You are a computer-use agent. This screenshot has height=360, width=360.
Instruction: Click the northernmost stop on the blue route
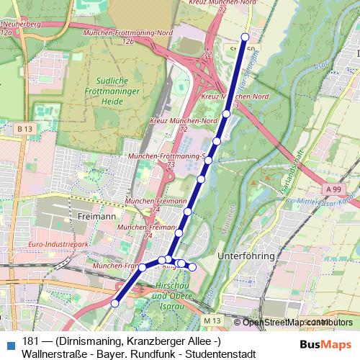(245, 37)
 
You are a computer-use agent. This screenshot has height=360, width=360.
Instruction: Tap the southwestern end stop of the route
(114, 304)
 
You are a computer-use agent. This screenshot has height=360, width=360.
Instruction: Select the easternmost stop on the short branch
(192, 266)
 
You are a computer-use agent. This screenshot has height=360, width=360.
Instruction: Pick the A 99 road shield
(333, 189)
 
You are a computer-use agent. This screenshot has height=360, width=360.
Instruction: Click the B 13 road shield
(24, 128)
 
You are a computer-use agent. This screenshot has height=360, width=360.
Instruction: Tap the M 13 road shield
(210, 320)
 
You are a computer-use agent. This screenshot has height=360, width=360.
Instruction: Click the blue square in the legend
(10, 342)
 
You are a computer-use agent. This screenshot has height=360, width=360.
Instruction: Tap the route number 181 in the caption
(30, 341)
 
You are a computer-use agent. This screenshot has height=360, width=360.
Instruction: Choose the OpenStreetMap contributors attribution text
(297, 322)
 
